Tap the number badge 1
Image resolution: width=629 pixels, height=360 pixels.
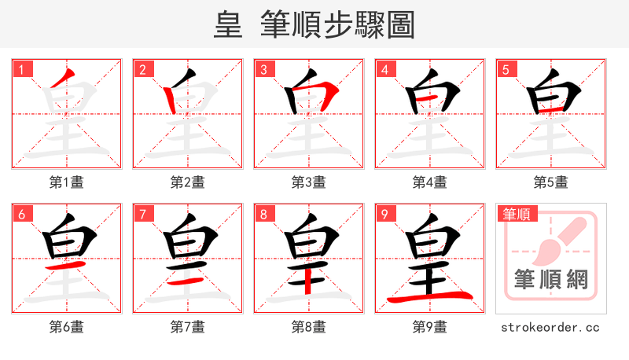coord(21,70)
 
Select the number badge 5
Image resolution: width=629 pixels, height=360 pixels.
coord(506,70)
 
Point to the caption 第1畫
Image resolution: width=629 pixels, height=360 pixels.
coord(67,182)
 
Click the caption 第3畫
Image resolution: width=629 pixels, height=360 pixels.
coord(309,182)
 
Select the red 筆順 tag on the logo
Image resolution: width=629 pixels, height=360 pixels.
coord(514,214)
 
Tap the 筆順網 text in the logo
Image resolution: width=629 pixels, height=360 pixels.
coord(550,280)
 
